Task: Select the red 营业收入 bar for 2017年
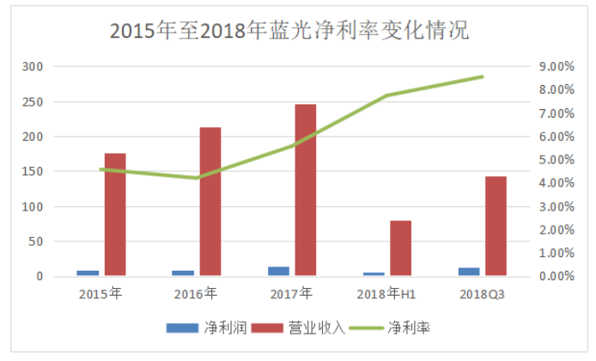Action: [306, 190]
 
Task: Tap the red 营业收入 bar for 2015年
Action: [115, 215]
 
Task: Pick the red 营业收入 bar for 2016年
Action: [210, 202]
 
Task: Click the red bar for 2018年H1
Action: [400, 248]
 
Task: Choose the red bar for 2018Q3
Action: [496, 226]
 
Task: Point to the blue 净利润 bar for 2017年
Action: [279, 272]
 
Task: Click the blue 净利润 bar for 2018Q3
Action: [469, 272]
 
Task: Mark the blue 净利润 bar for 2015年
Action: [88, 273]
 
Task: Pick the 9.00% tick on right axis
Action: [556, 67]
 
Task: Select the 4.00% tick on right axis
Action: [556, 183]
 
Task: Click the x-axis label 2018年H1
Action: [388, 295]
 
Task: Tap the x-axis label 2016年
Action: [196, 295]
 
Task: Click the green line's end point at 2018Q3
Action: [483, 76]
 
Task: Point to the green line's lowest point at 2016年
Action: [197, 178]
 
